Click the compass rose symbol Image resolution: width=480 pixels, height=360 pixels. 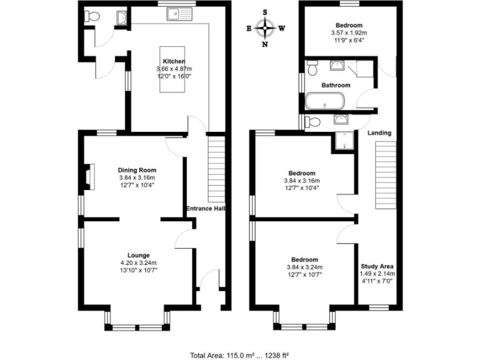266,27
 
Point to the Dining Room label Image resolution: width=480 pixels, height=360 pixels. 137,169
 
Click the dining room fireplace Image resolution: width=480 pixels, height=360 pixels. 89,176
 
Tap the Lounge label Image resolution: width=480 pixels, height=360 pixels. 138,255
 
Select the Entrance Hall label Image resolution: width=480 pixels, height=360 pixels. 205,209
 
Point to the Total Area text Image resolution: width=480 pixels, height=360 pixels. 239,354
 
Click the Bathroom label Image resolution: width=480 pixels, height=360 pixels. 336,85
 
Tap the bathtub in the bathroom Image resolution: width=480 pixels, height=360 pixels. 324,101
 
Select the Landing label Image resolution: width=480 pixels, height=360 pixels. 379,132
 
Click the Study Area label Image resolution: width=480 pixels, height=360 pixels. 377,266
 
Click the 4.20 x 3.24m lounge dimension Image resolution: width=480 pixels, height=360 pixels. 138,262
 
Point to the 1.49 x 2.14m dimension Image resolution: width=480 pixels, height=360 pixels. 377,273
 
